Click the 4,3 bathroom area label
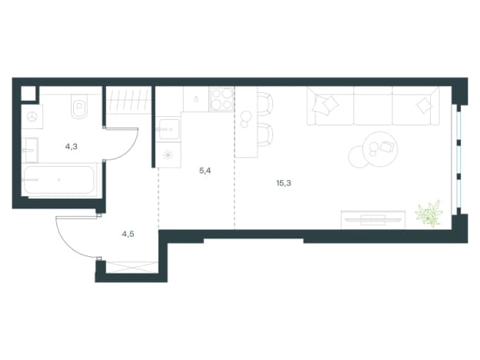tap(71, 147)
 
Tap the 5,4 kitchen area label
tap(205, 171)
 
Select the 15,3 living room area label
tap(284, 183)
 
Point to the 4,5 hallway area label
tap(128, 234)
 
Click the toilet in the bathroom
tap(79, 106)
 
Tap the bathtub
tap(58, 180)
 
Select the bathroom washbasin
tap(31, 150)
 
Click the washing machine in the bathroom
tap(32, 116)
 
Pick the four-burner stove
tap(222, 99)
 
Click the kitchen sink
tap(168, 129)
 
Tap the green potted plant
tap(429, 213)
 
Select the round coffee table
tap(380, 148)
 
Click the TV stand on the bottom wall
tap(373, 219)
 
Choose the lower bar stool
tap(265, 135)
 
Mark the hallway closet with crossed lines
tap(132, 267)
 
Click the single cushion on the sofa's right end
tap(424, 105)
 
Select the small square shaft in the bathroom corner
tap(28, 93)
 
